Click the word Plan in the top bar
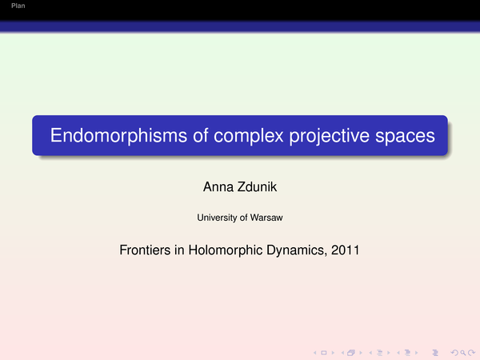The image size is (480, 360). (x=18, y=6)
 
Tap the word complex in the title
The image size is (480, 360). (x=249, y=136)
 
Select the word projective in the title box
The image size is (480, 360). (x=330, y=136)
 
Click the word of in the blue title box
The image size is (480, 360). (x=201, y=135)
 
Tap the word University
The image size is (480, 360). (x=217, y=218)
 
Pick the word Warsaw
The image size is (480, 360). (x=266, y=218)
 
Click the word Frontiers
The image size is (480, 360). (x=145, y=250)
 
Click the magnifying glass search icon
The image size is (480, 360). (x=463, y=353)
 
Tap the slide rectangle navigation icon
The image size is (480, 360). (x=323, y=353)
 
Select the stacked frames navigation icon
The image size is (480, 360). (x=351, y=353)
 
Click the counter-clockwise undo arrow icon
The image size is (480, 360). (x=454, y=353)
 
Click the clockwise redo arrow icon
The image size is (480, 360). (x=471, y=353)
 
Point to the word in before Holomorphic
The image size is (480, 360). (x=179, y=250)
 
